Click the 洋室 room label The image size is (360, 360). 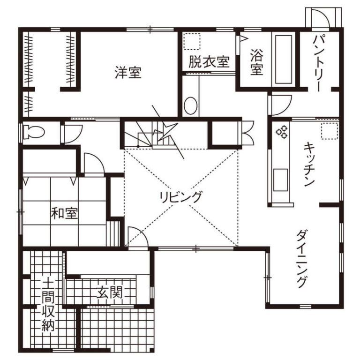coord(128,72)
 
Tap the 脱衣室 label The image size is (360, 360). coord(209,62)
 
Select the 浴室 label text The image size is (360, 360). coord(257,62)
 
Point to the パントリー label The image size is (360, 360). coord(319,63)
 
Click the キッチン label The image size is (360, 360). coord(309,165)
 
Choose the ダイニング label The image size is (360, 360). coord(303,259)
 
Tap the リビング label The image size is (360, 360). coord(181,197)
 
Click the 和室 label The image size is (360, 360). coord(64,213)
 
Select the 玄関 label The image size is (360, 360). coord(109,292)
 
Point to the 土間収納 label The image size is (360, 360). coord(48,305)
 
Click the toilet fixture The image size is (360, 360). coord(34,132)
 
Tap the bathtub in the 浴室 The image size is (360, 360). coord(284,59)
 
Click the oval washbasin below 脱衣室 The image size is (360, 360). coord(191,106)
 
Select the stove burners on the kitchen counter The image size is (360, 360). coord(282,132)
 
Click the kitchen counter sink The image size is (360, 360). coord(281,180)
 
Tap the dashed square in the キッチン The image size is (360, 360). coord(330,131)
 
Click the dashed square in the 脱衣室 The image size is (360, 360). coord(192,41)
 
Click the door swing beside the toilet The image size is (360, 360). coord(73,134)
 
